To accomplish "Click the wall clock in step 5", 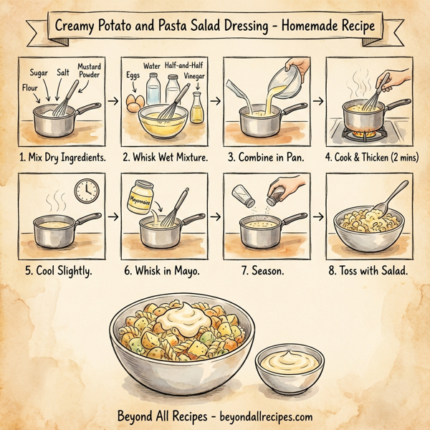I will click(x=85, y=190).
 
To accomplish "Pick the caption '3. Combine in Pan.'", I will click(x=262, y=156).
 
